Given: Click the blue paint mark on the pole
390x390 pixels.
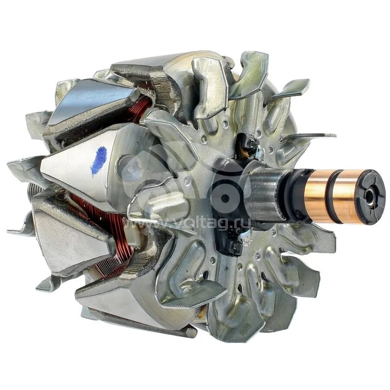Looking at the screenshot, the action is click(x=99, y=161).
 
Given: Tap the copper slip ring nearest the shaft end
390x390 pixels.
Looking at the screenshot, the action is click(x=346, y=196).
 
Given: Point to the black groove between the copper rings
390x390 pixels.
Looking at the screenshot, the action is click(x=331, y=196).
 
